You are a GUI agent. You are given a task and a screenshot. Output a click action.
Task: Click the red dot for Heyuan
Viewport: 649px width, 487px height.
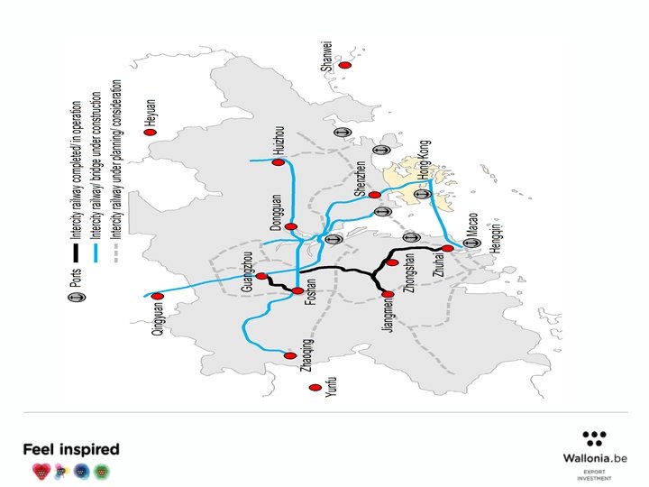[x=151, y=132]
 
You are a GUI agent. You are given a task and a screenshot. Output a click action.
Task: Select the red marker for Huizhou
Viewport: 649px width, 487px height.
[x=279, y=162]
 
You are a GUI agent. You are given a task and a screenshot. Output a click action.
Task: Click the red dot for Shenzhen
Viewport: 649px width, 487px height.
[x=374, y=195]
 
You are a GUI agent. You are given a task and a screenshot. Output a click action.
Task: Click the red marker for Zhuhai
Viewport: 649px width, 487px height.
[x=447, y=248]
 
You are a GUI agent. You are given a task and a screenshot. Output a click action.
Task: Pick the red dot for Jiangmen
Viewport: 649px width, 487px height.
[x=388, y=294]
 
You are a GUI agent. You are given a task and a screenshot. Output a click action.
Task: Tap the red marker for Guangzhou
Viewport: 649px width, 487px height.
[x=261, y=277]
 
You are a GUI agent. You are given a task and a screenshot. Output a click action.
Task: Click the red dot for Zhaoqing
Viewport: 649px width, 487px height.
[x=289, y=355]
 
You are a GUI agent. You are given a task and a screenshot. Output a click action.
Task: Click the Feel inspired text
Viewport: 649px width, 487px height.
[x=70, y=449]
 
